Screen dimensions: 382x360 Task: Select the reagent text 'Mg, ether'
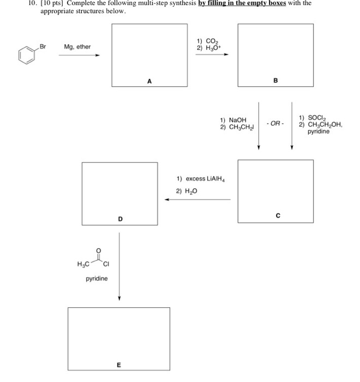coord(77,47)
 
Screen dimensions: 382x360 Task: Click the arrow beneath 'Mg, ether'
coord(80,55)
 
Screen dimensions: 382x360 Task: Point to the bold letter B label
coord(275,80)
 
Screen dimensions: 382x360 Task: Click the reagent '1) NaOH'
coord(233,120)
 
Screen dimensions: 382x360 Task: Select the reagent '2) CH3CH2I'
coord(235,127)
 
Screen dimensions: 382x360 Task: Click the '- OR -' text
coord(275,124)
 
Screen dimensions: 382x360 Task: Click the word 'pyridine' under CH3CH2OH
coord(318,132)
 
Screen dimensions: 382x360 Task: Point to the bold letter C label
coord(278,216)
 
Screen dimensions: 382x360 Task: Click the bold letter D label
coord(120,219)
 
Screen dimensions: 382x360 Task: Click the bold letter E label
coord(118,365)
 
